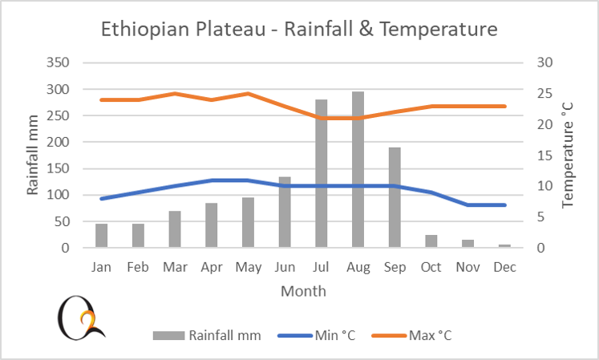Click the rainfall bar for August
358,170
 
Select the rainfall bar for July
322,174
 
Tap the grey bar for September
395,198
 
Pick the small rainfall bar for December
505,246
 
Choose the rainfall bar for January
102,236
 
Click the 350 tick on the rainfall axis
59,63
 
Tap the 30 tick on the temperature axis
545,63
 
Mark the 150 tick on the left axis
59,142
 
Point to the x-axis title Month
303,291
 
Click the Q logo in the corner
80,317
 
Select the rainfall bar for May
249,223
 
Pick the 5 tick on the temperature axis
542,216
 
